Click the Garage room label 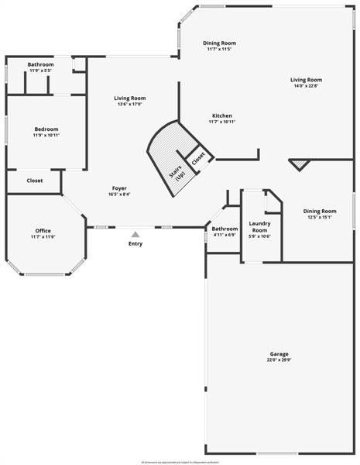click(279, 353)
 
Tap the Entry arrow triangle click(135, 234)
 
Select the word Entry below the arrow click(135, 243)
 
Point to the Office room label click(43, 231)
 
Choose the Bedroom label click(46, 129)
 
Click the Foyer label click(119, 188)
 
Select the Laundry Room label click(259, 227)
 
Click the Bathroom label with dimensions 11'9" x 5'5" click(40, 64)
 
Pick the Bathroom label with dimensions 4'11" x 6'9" click(225, 229)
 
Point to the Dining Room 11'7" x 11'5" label click(220, 43)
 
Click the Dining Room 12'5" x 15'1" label click(320, 211)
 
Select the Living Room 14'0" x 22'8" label click(307, 80)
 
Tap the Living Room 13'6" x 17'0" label click(130, 98)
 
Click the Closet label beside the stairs click(198, 157)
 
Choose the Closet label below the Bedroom click(35, 181)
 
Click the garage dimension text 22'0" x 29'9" click(279, 360)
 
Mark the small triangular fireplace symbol click(299, 164)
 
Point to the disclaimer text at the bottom click(180, 462)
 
